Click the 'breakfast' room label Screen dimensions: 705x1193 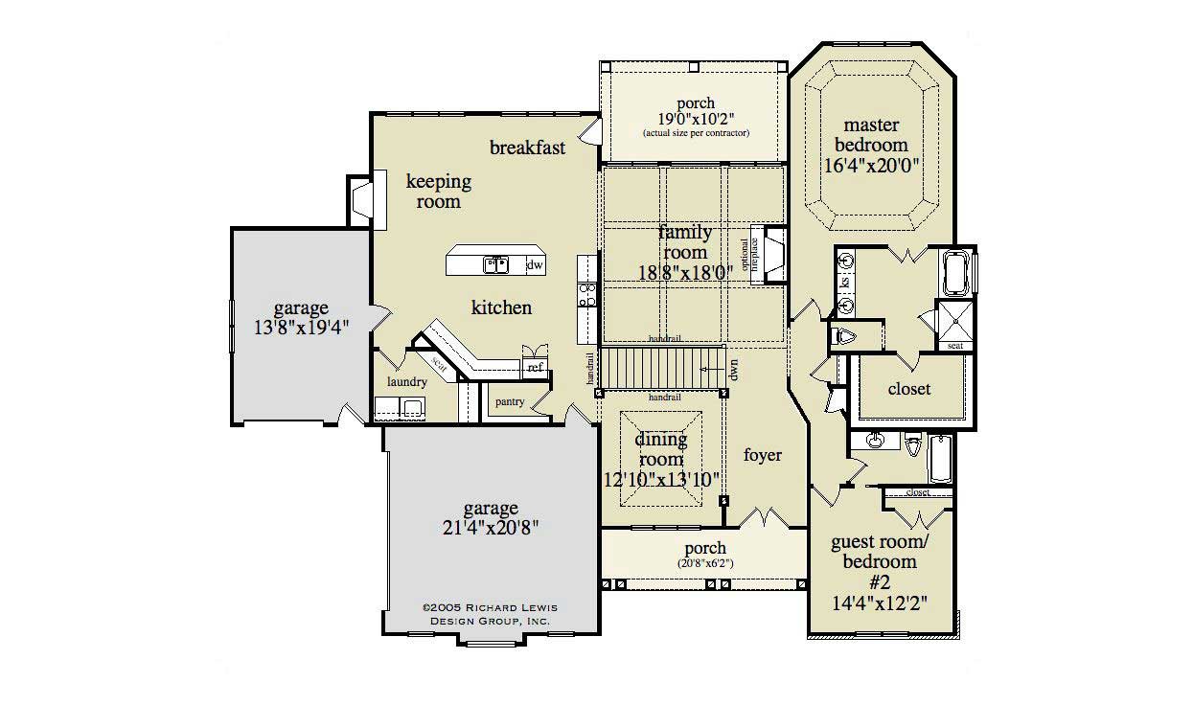[x=527, y=148]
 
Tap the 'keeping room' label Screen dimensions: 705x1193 [x=438, y=191]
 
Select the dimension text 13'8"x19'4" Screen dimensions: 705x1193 [x=301, y=326]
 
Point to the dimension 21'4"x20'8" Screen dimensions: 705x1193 [x=491, y=527]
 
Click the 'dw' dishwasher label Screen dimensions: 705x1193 [x=535, y=264]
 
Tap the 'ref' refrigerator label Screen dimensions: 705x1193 [x=535, y=367]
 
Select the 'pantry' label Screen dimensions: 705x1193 [x=510, y=402]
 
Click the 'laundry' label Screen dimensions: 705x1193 [x=406, y=381]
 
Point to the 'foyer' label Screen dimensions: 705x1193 [x=763, y=455]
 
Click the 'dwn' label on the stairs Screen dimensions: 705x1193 [x=733, y=369]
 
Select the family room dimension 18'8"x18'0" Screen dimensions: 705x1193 [x=685, y=271]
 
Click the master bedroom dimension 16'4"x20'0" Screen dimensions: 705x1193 [x=872, y=164]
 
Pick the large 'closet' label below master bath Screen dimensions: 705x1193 [x=909, y=389]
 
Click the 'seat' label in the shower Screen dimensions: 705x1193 [x=954, y=346]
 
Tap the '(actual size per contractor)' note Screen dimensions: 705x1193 [x=695, y=133]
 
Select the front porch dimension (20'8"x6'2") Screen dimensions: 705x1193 [x=705, y=563]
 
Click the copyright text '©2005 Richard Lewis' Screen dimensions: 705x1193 [x=490, y=607]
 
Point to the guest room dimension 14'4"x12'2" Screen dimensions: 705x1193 [x=880, y=603]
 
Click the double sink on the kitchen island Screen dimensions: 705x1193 [x=495, y=263]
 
